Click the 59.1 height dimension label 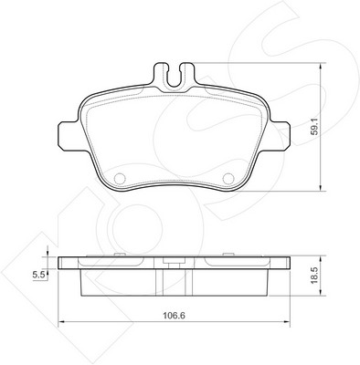[x=314, y=127]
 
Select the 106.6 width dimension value [x=174, y=316]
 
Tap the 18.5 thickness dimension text [x=314, y=276]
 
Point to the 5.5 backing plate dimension [x=38, y=276]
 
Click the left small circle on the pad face [x=120, y=178]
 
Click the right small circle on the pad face [x=228, y=178]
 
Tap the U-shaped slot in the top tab [x=174, y=77]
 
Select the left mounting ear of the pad [x=69, y=136]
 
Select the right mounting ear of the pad [x=279, y=136]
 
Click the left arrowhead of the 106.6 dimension [x=61, y=321]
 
